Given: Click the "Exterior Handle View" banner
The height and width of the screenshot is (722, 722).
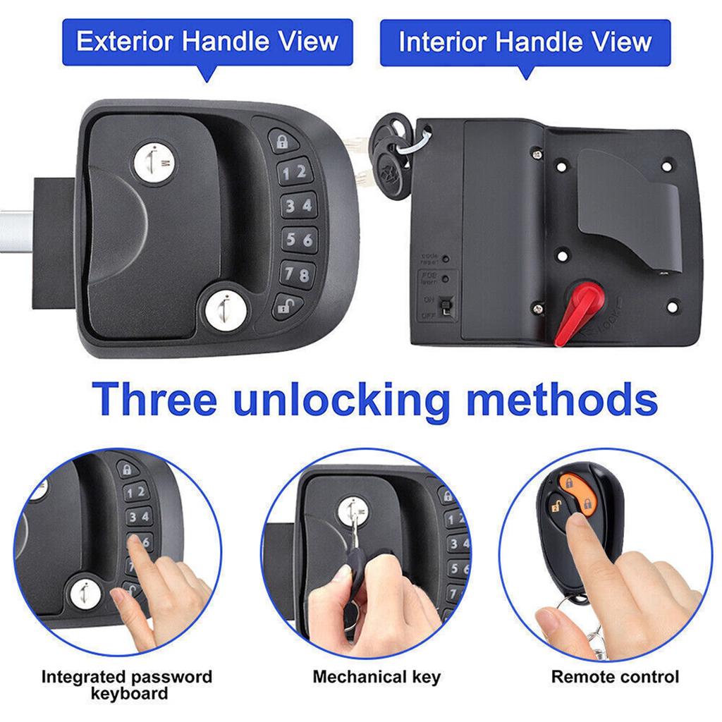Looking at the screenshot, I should [x=207, y=42].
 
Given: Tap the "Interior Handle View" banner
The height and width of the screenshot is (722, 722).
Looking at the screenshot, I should [x=525, y=42].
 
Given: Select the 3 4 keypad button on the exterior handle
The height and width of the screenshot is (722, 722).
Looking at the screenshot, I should [x=297, y=206].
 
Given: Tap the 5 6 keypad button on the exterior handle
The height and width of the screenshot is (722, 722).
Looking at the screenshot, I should [x=298, y=240].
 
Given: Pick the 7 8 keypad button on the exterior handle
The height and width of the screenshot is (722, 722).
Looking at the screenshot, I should [x=297, y=274].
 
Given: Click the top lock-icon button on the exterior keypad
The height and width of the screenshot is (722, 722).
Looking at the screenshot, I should [x=283, y=142].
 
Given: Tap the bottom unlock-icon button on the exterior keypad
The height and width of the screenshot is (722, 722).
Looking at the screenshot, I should [x=286, y=306].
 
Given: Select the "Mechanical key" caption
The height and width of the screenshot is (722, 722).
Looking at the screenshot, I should [x=377, y=678].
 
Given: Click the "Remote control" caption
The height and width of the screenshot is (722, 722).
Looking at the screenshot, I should [x=615, y=678].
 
